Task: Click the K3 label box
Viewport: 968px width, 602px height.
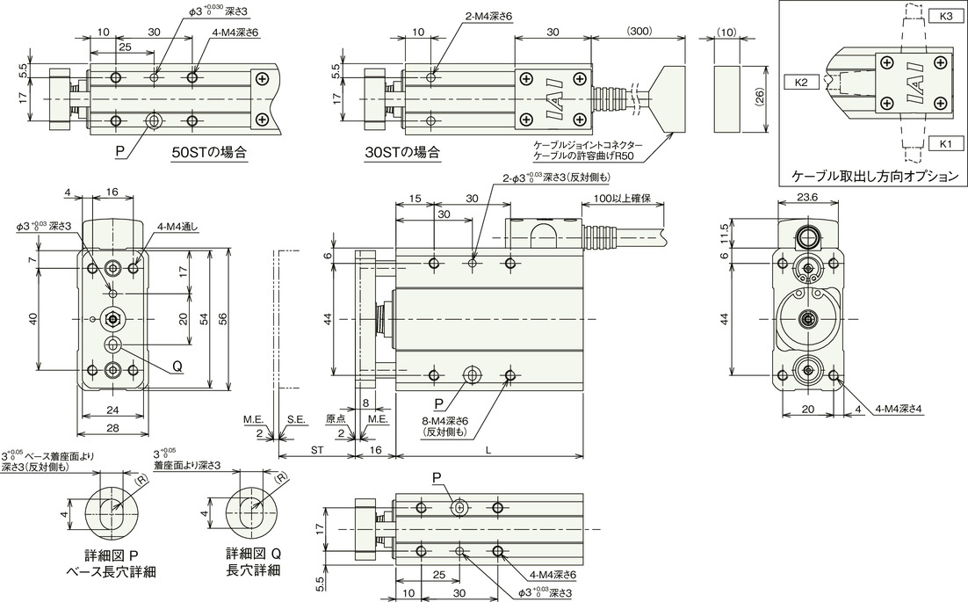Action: [x=945, y=17]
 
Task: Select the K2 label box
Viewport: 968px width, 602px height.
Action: [x=800, y=82]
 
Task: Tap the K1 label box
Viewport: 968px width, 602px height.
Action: [x=945, y=144]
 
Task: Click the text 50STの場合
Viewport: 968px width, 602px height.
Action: [x=209, y=153]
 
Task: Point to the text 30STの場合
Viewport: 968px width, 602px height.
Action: [x=402, y=153]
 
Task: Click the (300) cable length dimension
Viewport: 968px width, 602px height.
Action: [x=639, y=31]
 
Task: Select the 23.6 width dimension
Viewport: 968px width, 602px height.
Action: [x=807, y=197]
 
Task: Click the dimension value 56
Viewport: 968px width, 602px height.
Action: [x=223, y=319]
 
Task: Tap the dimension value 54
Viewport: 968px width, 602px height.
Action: [x=205, y=319]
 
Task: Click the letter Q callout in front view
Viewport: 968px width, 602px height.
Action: [x=177, y=366]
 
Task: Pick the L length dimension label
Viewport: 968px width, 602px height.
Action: [x=488, y=451]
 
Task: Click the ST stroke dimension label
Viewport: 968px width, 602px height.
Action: [x=317, y=451]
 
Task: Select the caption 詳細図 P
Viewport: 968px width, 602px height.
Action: [x=111, y=553]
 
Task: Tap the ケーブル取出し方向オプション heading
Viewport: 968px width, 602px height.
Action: [x=876, y=176]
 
